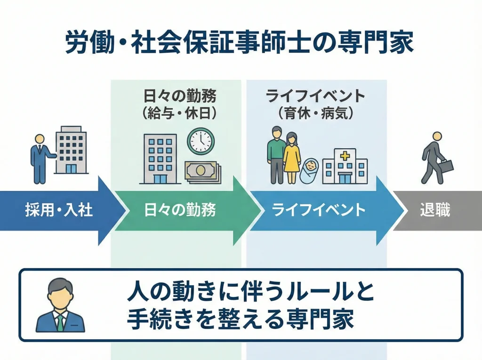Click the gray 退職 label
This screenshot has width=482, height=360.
tap(435, 210)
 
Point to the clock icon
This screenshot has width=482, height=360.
tap(201, 141)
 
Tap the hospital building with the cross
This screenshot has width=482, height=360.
tap(345, 165)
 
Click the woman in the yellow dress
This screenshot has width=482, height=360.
tap(292, 158)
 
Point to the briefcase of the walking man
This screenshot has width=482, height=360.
tap(446, 166)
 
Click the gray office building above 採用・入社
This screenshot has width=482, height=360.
tap(71, 149)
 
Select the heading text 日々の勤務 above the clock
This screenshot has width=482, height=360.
tap(180, 96)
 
